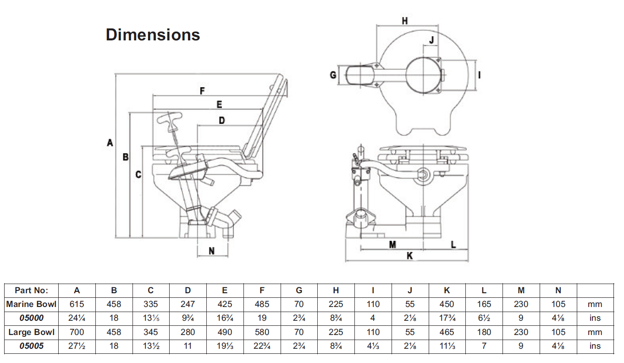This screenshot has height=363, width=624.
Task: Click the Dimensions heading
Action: coord(153,35)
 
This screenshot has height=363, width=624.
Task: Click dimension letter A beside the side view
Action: coord(110,143)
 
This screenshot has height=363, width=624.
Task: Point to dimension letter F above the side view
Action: coord(202,91)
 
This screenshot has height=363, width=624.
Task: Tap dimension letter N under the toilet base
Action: coord(211,251)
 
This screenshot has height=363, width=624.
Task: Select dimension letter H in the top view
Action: coord(404,21)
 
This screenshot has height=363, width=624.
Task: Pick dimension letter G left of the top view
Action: coord(333,74)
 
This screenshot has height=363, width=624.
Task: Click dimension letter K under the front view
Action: coord(409,256)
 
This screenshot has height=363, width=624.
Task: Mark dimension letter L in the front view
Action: coord(453,245)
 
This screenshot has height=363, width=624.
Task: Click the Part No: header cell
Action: coord(31,290)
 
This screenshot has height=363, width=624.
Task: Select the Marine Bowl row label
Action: coord(31,304)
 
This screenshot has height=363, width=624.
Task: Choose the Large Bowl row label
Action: coord(31,332)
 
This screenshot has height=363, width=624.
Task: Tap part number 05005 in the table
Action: coord(31,346)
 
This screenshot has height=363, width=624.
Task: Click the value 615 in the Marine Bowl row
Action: coord(77,304)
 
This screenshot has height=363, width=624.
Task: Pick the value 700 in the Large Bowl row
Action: coord(77,332)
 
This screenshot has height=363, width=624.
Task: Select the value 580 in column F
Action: coord(262,332)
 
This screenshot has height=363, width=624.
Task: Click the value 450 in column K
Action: coord(447,304)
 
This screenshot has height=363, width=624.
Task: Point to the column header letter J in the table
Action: coord(410,290)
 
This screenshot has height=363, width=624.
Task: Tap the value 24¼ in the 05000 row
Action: coord(77,318)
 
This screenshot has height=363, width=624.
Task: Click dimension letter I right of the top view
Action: coord(479,74)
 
